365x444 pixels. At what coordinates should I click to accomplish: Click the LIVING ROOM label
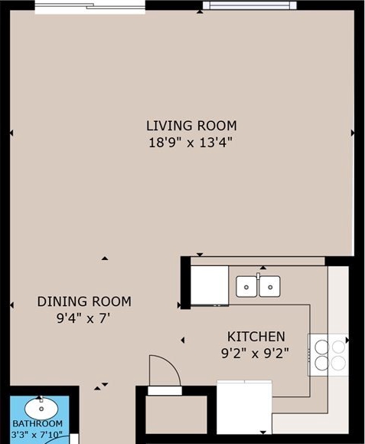(x=191, y=126)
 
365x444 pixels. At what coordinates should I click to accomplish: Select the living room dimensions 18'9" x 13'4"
(x=191, y=143)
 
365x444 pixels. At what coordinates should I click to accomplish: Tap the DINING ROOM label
(x=84, y=301)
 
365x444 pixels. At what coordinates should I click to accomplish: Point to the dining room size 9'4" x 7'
(x=83, y=318)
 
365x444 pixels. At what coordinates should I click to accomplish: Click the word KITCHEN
(x=256, y=337)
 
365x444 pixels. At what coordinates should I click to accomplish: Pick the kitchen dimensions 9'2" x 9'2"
(x=255, y=354)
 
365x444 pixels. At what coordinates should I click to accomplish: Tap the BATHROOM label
(x=37, y=423)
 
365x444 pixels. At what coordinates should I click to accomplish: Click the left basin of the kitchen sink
(x=246, y=287)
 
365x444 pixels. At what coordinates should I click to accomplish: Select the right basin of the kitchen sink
(x=270, y=287)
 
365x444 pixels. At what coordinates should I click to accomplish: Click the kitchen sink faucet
(x=258, y=276)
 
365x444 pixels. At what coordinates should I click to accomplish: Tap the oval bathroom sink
(x=41, y=408)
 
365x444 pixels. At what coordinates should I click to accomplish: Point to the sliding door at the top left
(x=90, y=7)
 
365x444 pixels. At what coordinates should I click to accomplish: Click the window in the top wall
(x=249, y=5)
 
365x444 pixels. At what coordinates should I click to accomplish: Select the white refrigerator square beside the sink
(x=210, y=285)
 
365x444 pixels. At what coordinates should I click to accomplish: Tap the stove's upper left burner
(x=322, y=347)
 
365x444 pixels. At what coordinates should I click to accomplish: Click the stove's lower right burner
(x=338, y=363)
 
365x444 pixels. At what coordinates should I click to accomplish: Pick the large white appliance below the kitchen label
(x=244, y=407)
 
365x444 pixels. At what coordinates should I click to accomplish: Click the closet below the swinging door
(x=176, y=415)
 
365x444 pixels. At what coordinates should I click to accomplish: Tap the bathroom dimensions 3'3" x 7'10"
(x=37, y=435)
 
